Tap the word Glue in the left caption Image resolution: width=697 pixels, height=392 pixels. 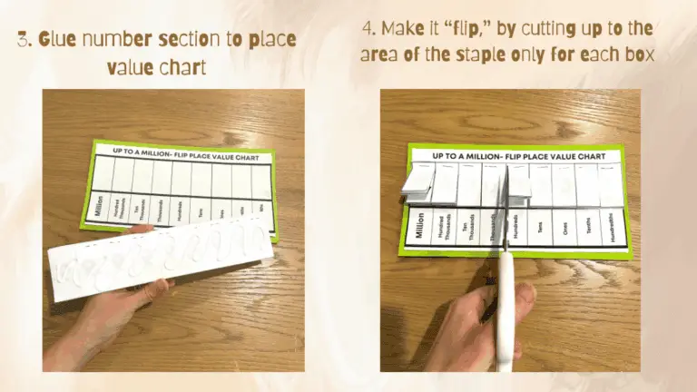pyautogui.click(x=61, y=40)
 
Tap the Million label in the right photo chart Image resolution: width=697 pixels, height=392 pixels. pyautogui.click(x=418, y=225)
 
